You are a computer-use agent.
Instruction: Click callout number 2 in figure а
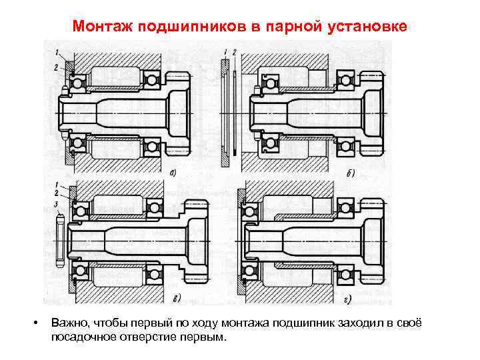click(57, 67)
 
